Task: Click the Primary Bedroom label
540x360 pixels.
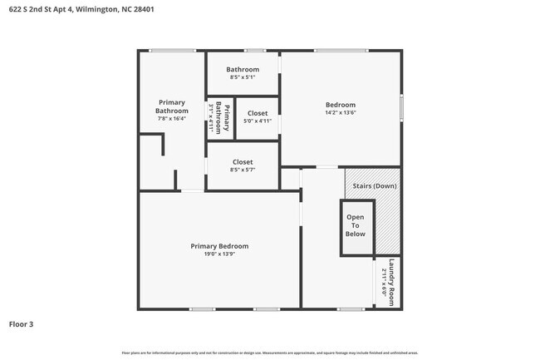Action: click(219, 246)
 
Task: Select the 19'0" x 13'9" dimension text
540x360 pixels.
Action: click(219, 254)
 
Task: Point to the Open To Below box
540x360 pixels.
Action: click(356, 227)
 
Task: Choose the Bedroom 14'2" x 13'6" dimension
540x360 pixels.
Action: click(340, 113)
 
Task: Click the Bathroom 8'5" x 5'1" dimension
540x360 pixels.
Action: click(243, 77)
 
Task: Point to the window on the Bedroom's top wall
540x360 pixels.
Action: click(340, 51)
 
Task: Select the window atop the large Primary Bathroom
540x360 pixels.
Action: click(173, 51)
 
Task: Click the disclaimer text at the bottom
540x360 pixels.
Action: click(270, 353)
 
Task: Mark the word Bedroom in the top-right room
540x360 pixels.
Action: click(340, 105)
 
